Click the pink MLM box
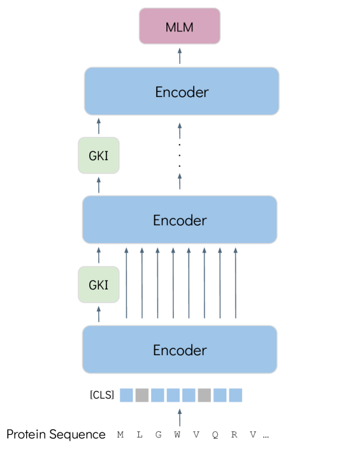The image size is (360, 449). click(x=180, y=26)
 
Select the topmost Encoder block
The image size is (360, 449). click(x=182, y=91)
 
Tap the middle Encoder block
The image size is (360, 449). click(x=180, y=220)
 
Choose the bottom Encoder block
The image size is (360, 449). click(x=180, y=350)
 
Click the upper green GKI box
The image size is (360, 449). click(x=98, y=155)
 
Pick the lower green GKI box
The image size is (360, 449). click(x=98, y=284)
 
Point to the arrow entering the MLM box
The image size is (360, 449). click(x=180, y=55)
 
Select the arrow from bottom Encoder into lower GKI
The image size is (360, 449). click(x=99, y=314)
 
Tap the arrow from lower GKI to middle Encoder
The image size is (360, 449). click(x=99, y=254)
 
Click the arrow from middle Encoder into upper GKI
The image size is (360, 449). click(x=99, y=185)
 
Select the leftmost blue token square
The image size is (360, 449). click(x=127, y=395)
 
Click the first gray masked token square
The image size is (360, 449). click(x=142, y=395)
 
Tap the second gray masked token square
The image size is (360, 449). click(x=205, y=395)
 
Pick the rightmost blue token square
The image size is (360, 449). click(x=236, y=395)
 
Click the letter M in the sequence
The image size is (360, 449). click(x=120, y=435)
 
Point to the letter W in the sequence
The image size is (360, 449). click(x=177, y=435)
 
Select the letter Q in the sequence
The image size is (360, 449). click(x=215, y=435)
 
